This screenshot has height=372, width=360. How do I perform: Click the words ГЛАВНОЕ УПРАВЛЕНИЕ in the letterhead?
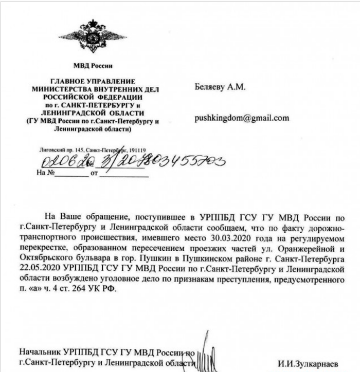(x=93, y=81)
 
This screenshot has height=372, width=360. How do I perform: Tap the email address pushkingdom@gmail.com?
(x=242, y=118)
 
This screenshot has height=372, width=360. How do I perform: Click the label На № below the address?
(x=45, y=173)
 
